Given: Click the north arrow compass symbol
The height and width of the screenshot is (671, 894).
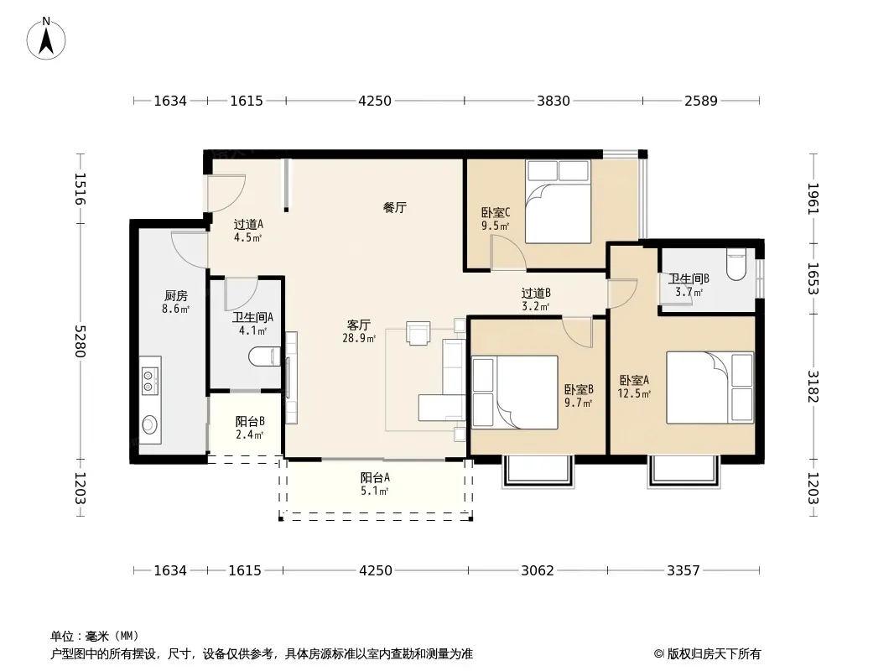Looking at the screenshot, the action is pyautogui.click(x=46, y=39).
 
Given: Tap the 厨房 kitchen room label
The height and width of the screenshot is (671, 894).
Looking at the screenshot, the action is pyautogui.click(x=175, y=296).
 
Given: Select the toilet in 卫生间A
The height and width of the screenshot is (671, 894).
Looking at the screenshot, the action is pyautogui.click(x=264, y=357).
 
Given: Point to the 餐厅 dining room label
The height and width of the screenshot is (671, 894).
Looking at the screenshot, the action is pyautogui.click(x=394, y=207).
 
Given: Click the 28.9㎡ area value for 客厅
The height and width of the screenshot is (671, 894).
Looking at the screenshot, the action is pyautogui.click(x=359, y=338).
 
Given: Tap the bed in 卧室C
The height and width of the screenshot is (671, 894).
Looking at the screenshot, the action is pyautogui.click(x=558, y=201).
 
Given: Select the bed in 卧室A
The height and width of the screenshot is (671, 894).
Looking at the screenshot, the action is pyautogui.click(x=709, y=388).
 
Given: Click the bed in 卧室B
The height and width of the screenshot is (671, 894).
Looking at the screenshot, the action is pyautogui.click(x=514, y=393).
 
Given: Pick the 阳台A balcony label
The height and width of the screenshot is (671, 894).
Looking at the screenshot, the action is pyautogui.click(x=375, y=478).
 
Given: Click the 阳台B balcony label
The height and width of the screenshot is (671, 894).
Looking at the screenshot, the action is pyautogui.click(x=250, y=421).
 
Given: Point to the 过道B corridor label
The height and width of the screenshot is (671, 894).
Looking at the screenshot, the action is pyautogui.click(x=536, y=293).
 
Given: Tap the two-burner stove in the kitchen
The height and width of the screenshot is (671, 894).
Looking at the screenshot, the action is pyautogui.click(x=150, y=380).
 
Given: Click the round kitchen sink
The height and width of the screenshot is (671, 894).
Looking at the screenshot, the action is pyautogui.click(x=150, y=424).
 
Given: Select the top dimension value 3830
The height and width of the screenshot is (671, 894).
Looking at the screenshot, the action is pyautogui.click(x=553, y=101).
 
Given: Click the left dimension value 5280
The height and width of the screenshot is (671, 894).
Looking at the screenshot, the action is pyautogui.click(x=80, y=341).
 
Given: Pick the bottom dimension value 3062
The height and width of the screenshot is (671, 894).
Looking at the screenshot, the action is pyautogui.click(x=537, y=570).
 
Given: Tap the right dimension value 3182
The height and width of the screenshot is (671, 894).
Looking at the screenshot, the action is pyautogui.click(x=813, y=386).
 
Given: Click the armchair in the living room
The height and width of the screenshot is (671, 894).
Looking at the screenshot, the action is pyautogui.click(x=418, y=333).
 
